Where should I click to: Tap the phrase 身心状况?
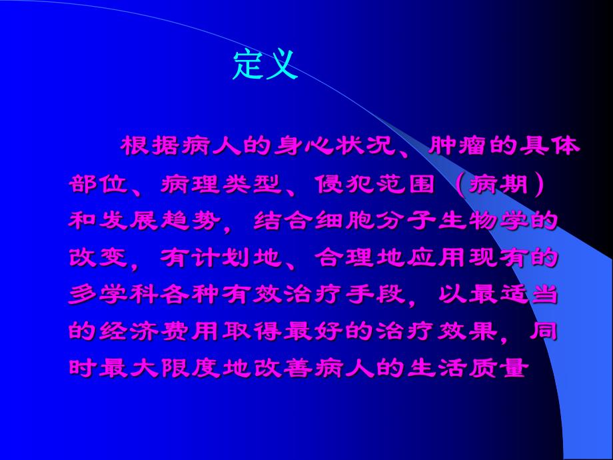click(334, 146)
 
